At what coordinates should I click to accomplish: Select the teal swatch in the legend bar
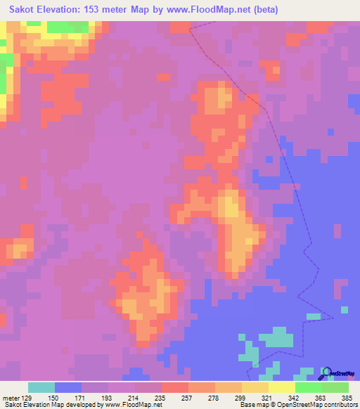(x=41, y=387)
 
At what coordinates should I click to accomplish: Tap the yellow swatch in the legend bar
(x=255, y=387)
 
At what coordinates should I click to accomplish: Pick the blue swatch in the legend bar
(x=68, y=387)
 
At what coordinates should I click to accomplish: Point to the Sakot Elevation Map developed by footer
(x=58, y=405)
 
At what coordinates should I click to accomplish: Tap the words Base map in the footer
(x=252, y=405)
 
